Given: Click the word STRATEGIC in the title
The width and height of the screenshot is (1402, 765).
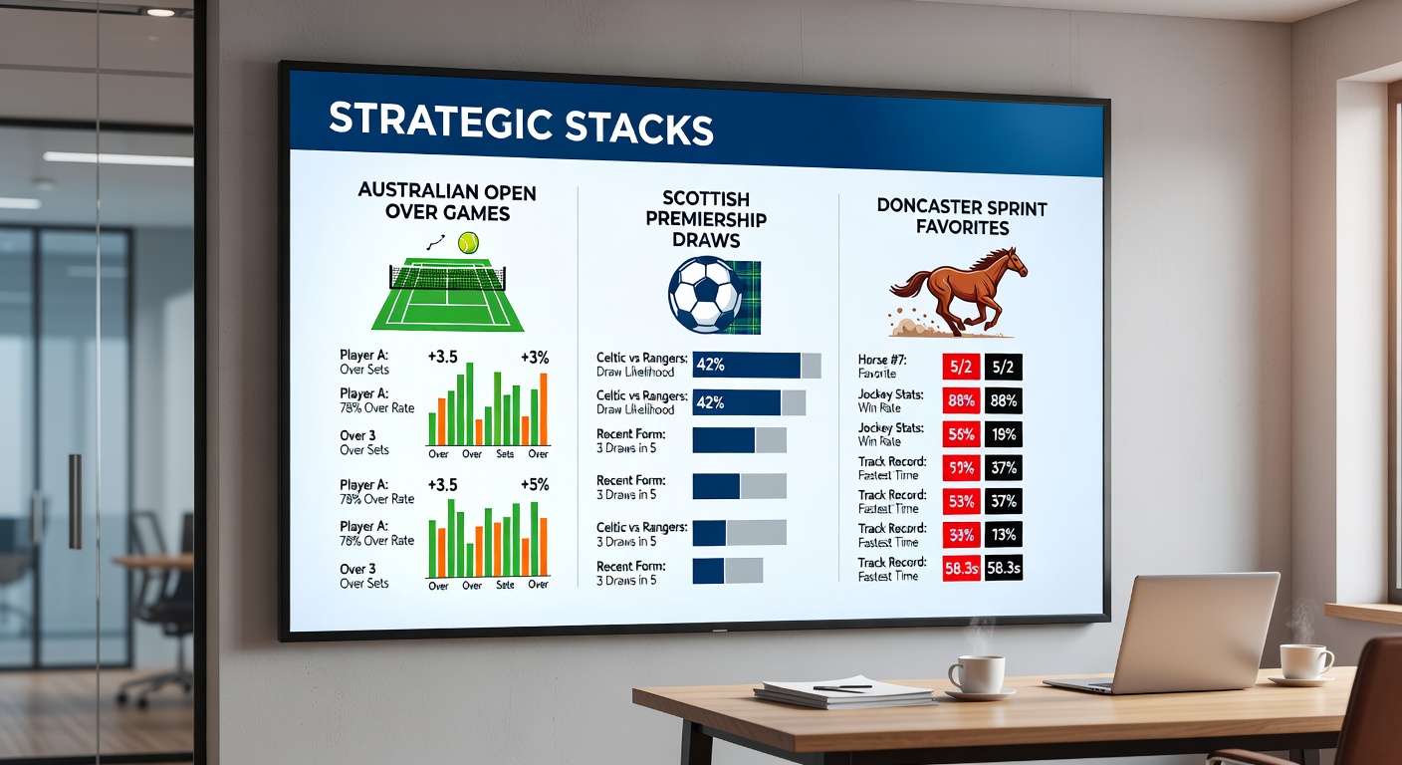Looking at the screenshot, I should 439,122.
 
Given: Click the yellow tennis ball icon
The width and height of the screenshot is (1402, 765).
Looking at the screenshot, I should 467,242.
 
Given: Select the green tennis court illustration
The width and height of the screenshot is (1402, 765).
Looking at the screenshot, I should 447,295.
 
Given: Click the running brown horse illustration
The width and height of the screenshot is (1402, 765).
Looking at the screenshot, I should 958,289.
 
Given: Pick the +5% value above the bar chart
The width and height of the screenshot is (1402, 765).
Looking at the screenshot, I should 535,484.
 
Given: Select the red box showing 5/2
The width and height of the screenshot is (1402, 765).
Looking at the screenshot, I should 961,367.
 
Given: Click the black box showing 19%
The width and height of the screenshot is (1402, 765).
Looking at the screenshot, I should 1003,434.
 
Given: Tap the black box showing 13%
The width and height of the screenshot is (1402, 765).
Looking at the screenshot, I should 1003,535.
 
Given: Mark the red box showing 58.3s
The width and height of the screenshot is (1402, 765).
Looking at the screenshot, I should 961,569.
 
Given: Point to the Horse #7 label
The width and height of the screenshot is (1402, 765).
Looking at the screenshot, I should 882,360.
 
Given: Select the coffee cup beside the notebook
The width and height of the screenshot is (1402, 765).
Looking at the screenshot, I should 975,674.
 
